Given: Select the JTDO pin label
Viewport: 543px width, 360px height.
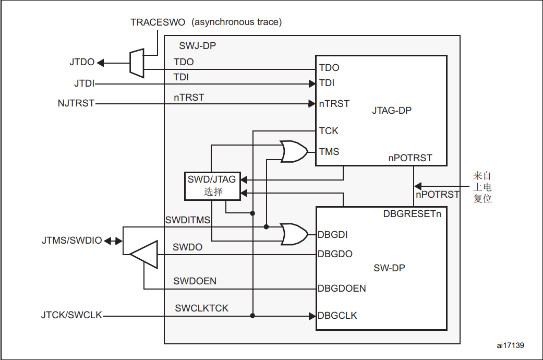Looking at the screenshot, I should point(82,62).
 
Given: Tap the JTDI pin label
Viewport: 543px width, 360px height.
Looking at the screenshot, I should point(84,83).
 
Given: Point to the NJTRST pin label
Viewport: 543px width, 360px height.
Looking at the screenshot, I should point(76,103).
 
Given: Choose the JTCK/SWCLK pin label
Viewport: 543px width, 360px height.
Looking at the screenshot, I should point(71,316).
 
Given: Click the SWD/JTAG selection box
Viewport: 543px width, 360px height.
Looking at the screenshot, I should point(212,185).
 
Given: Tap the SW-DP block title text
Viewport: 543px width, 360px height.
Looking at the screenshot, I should point(389,268).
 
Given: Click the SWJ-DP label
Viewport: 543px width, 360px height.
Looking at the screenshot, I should point(197,46).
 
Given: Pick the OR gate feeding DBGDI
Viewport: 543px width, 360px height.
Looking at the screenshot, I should point(292,234).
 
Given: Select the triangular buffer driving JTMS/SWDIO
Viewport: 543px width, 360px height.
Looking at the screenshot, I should point(144,255).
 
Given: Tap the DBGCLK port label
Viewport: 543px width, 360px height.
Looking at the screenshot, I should point(337,316).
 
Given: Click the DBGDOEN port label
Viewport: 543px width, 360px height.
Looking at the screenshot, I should point(342,288).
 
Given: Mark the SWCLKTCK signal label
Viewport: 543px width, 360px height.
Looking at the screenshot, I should point(201,308).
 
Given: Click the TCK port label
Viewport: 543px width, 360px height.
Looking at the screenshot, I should point(329,130).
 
